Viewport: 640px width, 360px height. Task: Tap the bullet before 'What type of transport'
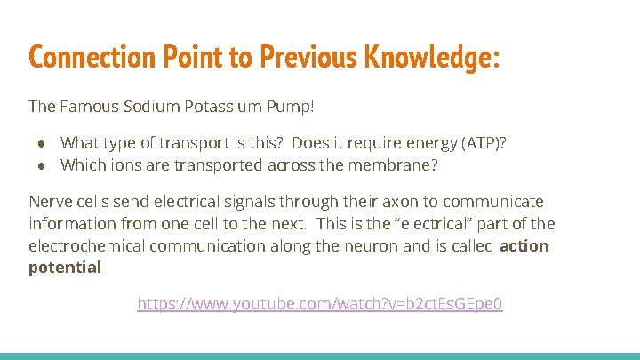pyautogui.click(x=41, y=143)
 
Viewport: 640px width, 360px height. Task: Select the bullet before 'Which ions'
pyautogui.click(x=41, y=164)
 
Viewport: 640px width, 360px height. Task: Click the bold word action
pyautogui.click(x=524, y=245)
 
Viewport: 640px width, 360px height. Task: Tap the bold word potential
pyautogui.click(x=65, y=267)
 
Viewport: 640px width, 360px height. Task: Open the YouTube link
pyautogui.click(x=320, y=304)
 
